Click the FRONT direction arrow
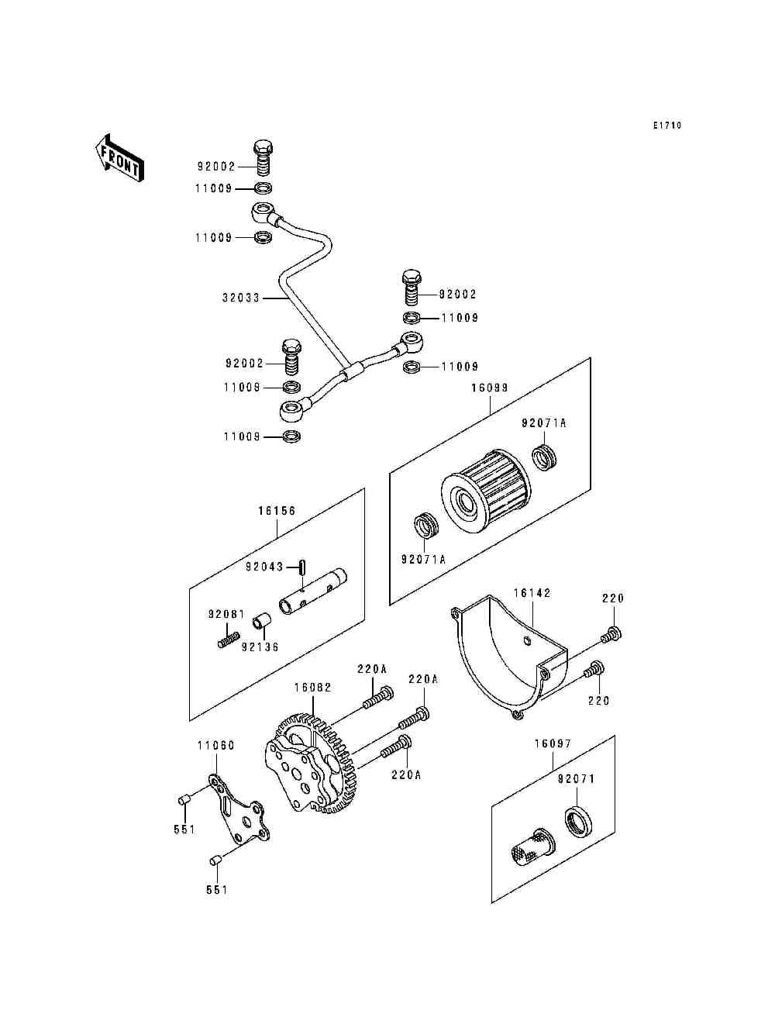tap(119, 158)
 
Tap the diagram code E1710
tap(667, 125)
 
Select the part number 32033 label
tap(241, 298)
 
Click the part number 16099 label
tap(490, 388)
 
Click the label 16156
tap(277, 510)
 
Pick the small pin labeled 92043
tap(302, 567)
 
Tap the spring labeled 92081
tap(229, 640)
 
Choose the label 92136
tap(260, 647)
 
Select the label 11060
tap(216, 745)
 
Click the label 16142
tap(532, 593)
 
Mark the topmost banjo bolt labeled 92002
tap(263, 157)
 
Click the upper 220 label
tap(613, 598)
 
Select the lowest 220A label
tap(406, 774)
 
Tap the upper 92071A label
tap(543, 422)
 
